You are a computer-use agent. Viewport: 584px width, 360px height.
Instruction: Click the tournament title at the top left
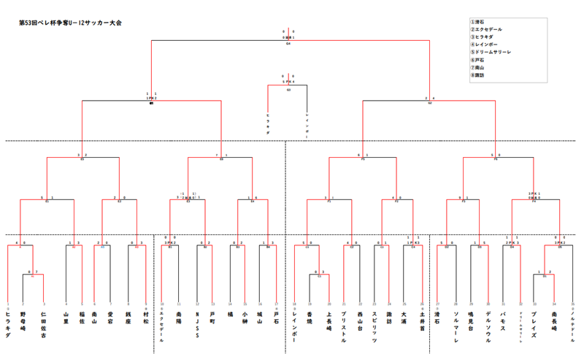70,23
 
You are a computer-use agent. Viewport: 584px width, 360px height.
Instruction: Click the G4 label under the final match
289,43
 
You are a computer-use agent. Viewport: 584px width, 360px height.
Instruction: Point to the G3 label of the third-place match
289,89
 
